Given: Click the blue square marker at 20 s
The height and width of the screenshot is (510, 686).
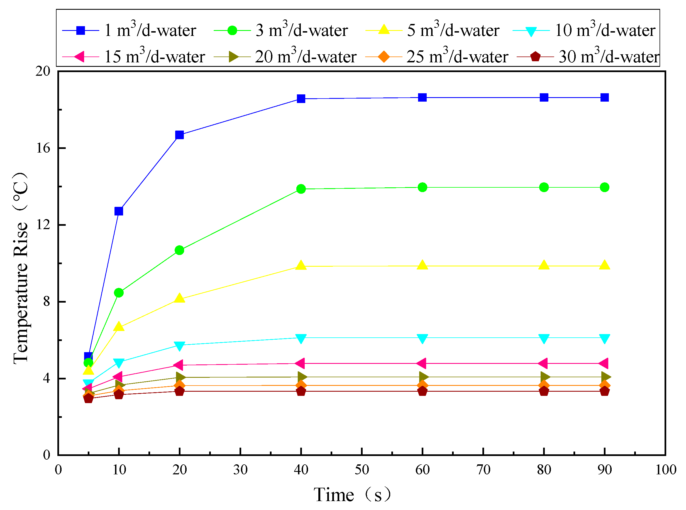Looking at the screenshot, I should (179, 135).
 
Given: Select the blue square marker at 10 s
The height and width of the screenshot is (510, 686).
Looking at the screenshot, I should (119, 211).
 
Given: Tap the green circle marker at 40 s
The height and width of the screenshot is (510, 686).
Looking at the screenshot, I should (301, 189).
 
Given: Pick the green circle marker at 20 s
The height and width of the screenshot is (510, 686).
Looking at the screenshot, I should (179, 250).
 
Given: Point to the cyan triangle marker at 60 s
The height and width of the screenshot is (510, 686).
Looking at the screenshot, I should (423, 338).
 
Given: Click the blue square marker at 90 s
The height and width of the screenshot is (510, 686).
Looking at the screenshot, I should (605, 97).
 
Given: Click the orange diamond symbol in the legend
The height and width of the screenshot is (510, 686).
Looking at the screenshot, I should (384, 57).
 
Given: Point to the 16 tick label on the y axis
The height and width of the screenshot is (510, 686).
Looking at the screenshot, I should (43, 148).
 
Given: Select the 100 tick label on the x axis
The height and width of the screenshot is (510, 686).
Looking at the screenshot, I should (666, 470).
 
